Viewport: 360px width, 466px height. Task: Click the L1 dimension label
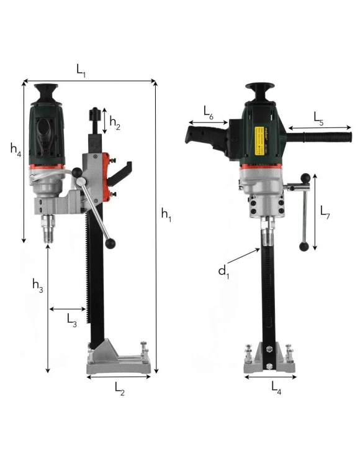(81, 71)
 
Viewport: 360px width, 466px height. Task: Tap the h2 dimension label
(115, 123)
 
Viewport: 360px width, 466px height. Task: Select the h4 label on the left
(16, 149)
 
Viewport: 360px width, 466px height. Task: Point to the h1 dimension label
(166, 214)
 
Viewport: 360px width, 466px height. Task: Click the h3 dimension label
(38, 286)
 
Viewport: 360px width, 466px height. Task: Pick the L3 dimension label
(72, 321)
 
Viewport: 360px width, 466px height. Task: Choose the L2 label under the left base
(120, 389)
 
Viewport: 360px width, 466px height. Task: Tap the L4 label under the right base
(276, 388)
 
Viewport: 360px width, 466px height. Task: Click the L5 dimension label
(319, 119)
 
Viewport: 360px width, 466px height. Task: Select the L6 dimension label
(209, 112)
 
